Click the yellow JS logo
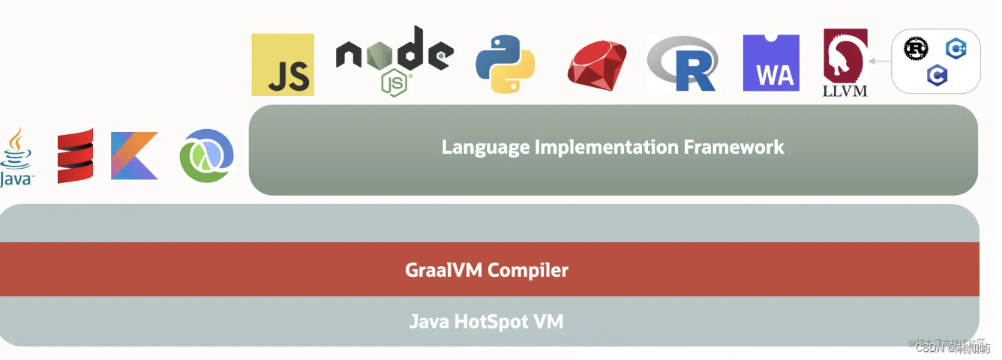283,64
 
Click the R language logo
683,64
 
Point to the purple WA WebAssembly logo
771,63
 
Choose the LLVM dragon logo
845,62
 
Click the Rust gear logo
916,49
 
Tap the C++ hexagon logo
955,49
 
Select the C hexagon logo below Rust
936,74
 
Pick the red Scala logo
76,155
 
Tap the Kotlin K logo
135,155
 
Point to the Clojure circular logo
206,155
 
